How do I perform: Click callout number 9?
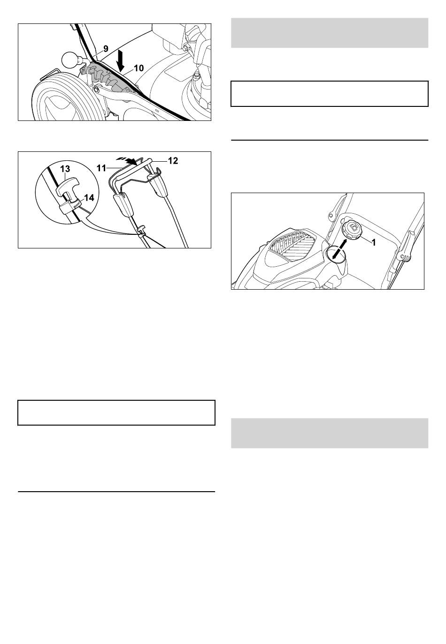(x=106, y=49)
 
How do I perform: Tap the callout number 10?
(x=139, y=68)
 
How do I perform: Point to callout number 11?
(x=101, y=168)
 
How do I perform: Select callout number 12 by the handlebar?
(x=173, y=161)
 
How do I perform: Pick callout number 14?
(x=89, y=198)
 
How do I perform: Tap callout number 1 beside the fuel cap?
(x=374, y=243)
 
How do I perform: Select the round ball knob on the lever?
(x=70, y=60)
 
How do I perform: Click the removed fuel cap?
(x=351, y=230)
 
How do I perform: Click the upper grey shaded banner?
(x=330, y=33)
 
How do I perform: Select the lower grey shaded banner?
(x=330, y=433)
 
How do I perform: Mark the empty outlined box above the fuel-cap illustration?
(x=330, y=94)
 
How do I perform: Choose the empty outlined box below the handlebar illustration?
(x=116, y=412)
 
